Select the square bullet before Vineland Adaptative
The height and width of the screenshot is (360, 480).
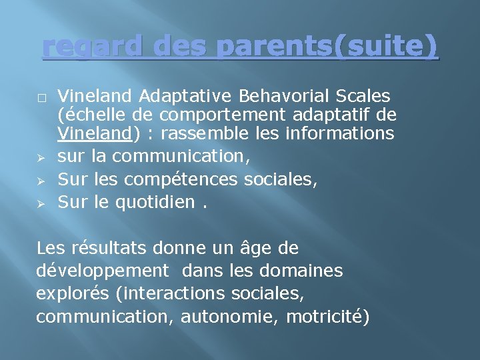point(41,97)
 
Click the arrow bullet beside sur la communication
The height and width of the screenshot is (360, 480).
point(41,157)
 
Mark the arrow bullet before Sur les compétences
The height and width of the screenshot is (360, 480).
point(41,180)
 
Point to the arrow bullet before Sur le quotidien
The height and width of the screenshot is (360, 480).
point(41,203)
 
